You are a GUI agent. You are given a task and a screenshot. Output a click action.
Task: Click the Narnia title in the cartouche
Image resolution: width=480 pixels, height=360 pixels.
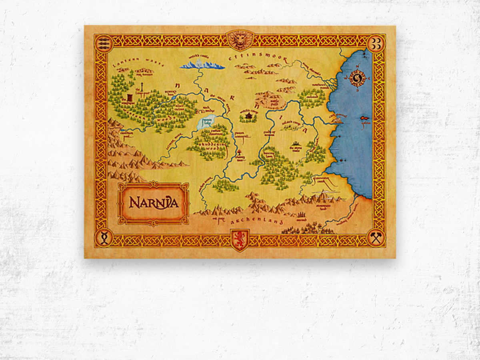(x=154, y=203)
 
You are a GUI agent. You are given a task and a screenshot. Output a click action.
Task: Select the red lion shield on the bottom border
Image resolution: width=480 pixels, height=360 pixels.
(x=240, y=240)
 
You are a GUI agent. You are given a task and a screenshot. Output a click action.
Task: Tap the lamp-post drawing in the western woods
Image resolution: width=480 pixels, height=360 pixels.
(x=142, y=88)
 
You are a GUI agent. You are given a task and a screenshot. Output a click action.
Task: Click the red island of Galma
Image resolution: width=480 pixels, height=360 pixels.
(x=365, y=118)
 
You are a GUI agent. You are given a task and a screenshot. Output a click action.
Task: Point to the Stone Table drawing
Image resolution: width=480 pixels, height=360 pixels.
(x=296, y=144)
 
